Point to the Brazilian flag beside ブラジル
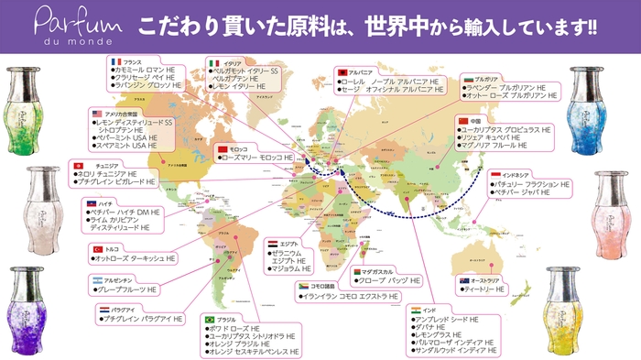click(207, 320)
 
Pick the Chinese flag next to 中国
click(463, 121)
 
